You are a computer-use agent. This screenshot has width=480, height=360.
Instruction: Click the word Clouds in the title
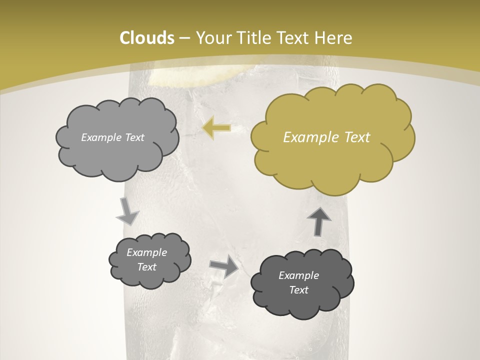[x=147, y=38]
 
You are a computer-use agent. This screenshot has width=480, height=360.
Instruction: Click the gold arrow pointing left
[x=217, y=128]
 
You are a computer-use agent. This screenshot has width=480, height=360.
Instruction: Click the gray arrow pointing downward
[x=127, y=211]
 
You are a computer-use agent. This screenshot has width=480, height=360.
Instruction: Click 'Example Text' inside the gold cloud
[x=326, y=137]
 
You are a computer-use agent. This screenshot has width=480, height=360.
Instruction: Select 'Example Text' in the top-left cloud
[x=112, y=137]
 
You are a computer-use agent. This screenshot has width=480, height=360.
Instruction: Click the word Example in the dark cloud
[x=298, y=275]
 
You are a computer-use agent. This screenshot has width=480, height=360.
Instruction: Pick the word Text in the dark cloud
[x=298, y=290]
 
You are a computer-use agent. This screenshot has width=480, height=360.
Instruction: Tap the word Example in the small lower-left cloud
[x=146, y=252]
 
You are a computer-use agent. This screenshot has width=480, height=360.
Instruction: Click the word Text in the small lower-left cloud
[x=146, y=267]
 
